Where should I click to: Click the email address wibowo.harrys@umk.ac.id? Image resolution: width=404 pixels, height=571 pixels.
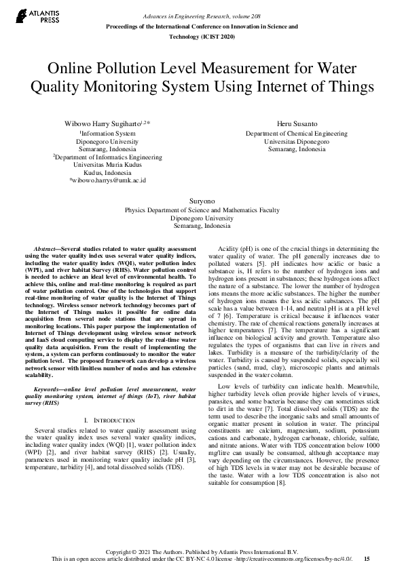[108, 180]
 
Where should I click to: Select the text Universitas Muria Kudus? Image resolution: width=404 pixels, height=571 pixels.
[107, 165]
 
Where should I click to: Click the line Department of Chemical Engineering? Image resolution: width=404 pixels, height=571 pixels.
[297, 134]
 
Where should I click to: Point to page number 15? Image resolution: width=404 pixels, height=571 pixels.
[367, 558]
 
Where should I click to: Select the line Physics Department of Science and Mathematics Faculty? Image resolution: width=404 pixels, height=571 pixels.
[202, 210]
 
